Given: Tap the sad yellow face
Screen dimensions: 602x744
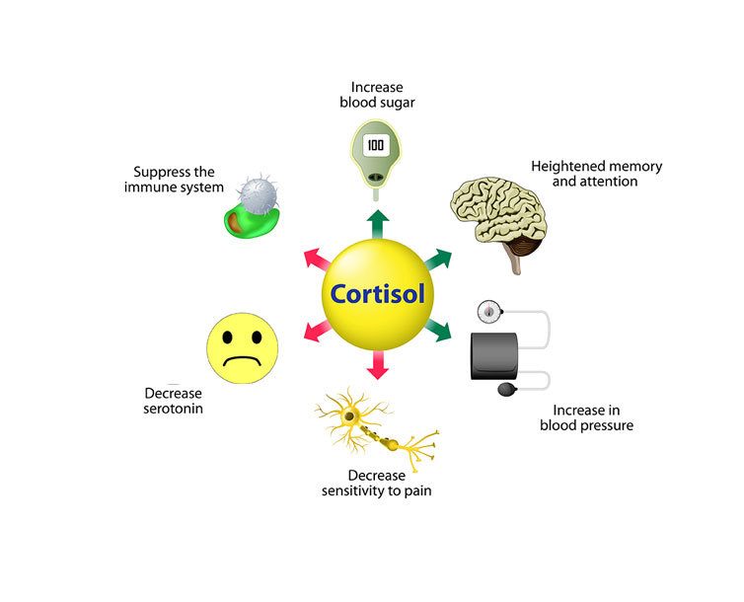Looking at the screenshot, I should pyautogui.click(x=242, y=349).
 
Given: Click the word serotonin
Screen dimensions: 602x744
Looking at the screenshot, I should pyautogui.click(x=174, y=408).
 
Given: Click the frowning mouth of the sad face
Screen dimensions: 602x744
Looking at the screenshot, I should pyautogui.click(x=242, y=361).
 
